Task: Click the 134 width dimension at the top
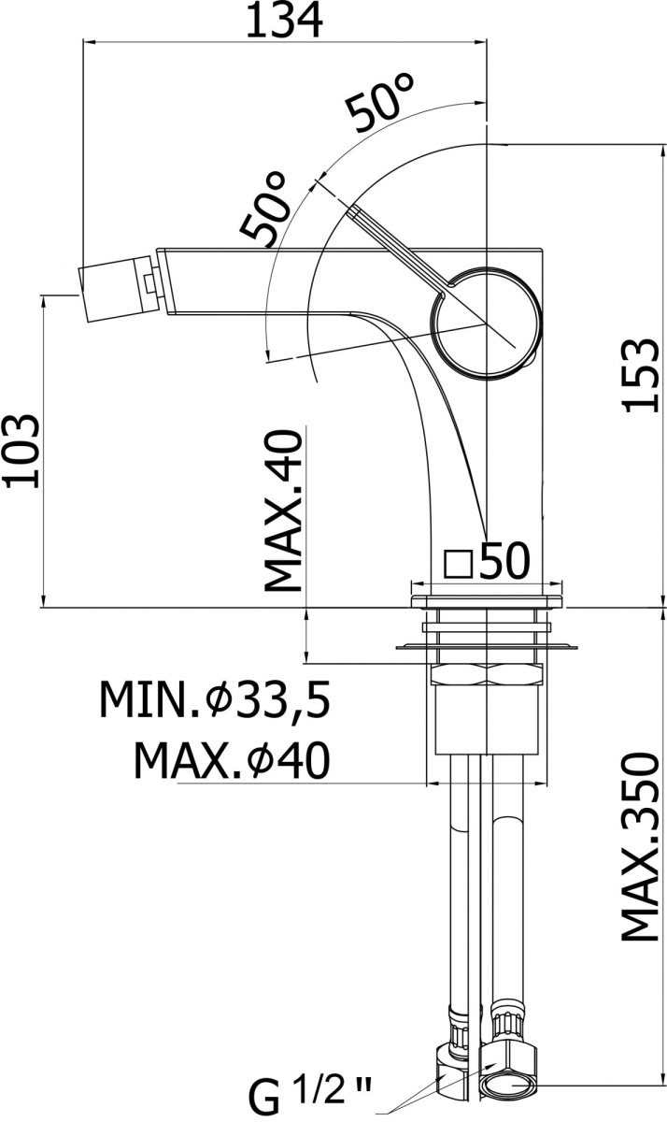click(x=284, y=21)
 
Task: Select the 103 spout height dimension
click(x=21, y=451)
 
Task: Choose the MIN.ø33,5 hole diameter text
click(x=215, y=699)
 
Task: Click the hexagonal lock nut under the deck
click(x=487, y=674)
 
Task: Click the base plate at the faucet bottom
click(x=487, y=601)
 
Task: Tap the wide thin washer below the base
click(x=486, y=648)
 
